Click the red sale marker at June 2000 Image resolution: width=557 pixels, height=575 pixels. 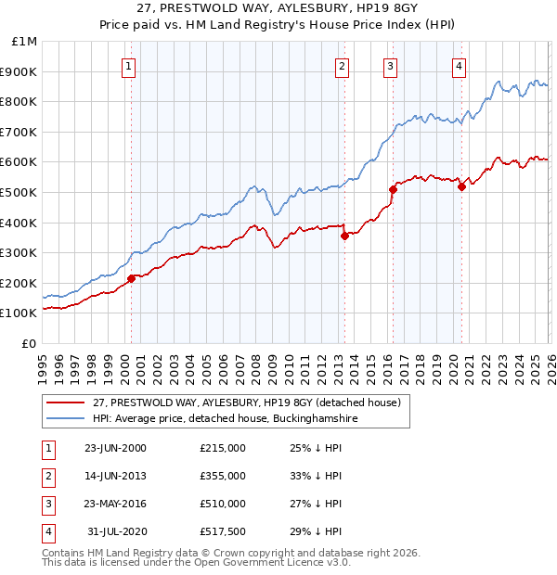pyautogui.click(x=131, y=278)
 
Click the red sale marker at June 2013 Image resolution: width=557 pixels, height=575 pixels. pyautogui.click(x=344, y=236)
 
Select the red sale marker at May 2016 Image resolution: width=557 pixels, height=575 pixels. pyautogui.click(x=393, y=189)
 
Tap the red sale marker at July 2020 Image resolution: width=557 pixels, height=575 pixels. pyautogui.click(x=461, y=186)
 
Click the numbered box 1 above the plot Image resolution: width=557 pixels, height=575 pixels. pyautogui.click(x=127, y=66)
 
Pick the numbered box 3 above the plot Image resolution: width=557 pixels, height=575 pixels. pyautogui.click(x=390, y=66)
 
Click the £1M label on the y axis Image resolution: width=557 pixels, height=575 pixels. pyautogui.click(x=25, y=42)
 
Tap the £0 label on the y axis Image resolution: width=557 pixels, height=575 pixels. pyautogui.click(x=30, y=343)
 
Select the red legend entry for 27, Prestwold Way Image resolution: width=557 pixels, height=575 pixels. pyautogui.click(x=245, y=402)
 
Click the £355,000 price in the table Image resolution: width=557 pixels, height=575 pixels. pyautogui.click(x=222, y=476)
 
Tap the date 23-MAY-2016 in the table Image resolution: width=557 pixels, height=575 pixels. pyautogui.click(x=115, y=504)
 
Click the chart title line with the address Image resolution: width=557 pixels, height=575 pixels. pyautogui.click(x=278, y=8)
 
